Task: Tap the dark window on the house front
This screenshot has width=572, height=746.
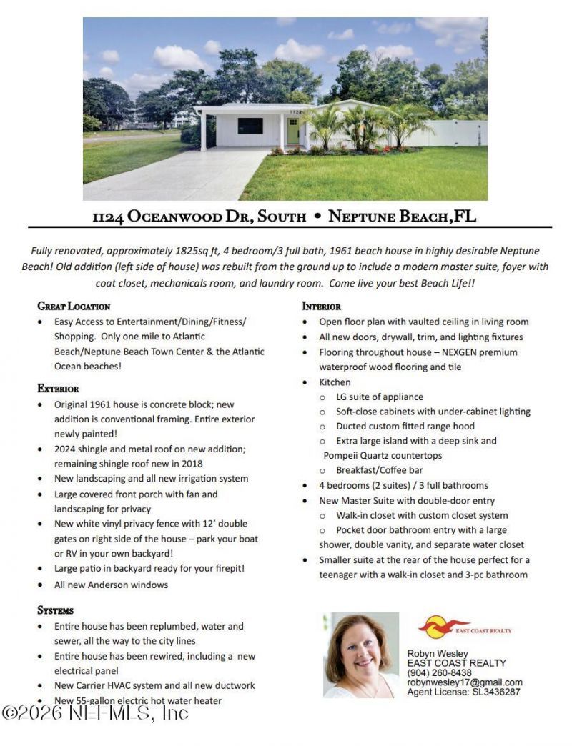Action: pyautogui.click(x=250, y=126)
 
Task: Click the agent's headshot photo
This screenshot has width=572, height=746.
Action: pyautogui.click(x=361, y=655)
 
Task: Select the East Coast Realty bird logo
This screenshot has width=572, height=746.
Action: pyautogui.click(x=444, y=627)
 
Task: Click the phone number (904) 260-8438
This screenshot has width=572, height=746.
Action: pyautogui.click(x=439, y=672)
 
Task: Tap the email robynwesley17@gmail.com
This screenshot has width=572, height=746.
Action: pyautogui.click(x=465, y=682)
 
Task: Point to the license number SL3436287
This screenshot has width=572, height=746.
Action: pyautogui.click(x=493, y=692)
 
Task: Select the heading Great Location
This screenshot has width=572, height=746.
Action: pyautogui.click(x=74, y=306)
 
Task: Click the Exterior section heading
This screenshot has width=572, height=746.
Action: pyautogui.click(x=58, y=388)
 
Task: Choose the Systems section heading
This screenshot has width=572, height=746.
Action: pyautogui.click(x=56, y=610)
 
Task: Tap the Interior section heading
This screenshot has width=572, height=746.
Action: pyautogui.click(x=322, y=306)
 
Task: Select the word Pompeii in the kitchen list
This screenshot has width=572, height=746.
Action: pyautogui.click(x=343, y=455)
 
